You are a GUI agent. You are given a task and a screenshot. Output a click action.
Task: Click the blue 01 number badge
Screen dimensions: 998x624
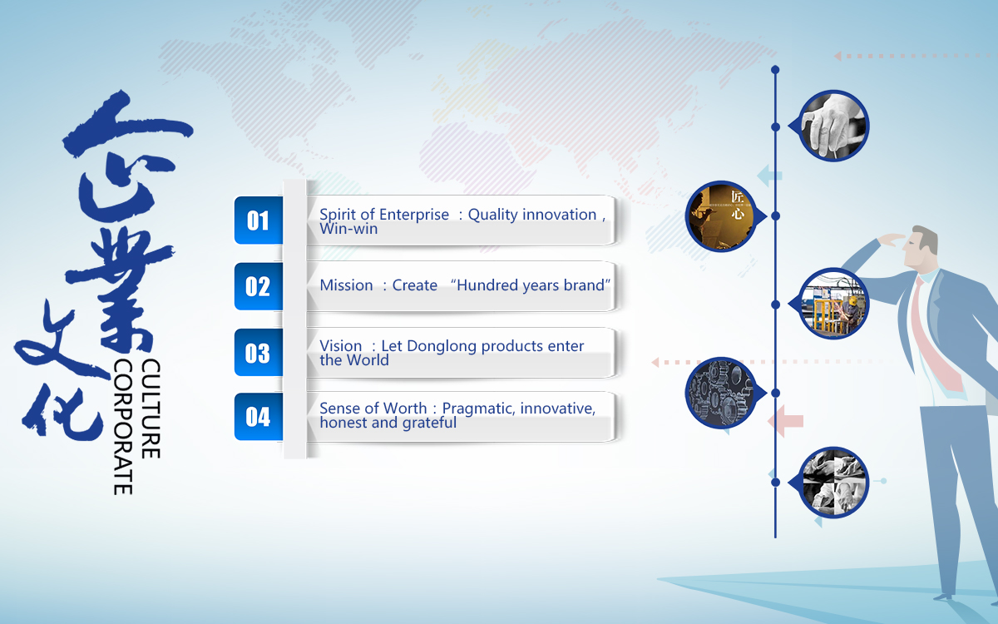tap(259, 220)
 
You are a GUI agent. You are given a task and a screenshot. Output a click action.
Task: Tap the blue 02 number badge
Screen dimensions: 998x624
tap(259, 286)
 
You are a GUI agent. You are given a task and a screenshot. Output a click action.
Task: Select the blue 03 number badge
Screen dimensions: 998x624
tap(259, 353)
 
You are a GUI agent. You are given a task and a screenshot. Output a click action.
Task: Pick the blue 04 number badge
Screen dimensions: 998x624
tap(259, 417)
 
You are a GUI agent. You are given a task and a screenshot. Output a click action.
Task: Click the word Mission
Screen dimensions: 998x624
tap(346, 285)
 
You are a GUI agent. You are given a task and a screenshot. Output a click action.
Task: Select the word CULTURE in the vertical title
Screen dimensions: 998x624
tap(151, 409)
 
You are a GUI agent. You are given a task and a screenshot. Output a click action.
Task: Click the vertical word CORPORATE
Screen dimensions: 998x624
tap(123, 427)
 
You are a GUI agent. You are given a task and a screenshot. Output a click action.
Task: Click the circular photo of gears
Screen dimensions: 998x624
tap(720, 393)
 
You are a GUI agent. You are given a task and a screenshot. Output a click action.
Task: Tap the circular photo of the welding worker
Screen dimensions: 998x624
tap(833, 304)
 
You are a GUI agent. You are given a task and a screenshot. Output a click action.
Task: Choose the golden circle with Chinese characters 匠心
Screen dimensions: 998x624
tap(720, 216)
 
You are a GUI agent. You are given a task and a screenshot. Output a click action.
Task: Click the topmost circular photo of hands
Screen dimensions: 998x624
tap(833, 126)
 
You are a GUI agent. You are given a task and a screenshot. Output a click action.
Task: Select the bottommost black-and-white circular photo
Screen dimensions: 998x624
tap(833, 483)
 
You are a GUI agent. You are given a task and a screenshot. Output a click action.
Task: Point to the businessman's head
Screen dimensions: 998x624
tap(920, 247)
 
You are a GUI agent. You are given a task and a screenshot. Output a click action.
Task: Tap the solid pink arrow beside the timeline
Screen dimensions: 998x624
tap(785, 421)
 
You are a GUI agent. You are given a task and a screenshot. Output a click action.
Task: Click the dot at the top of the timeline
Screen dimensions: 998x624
tap(775, 70)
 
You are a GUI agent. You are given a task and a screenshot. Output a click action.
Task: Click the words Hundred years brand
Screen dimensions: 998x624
tap(531, 285)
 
